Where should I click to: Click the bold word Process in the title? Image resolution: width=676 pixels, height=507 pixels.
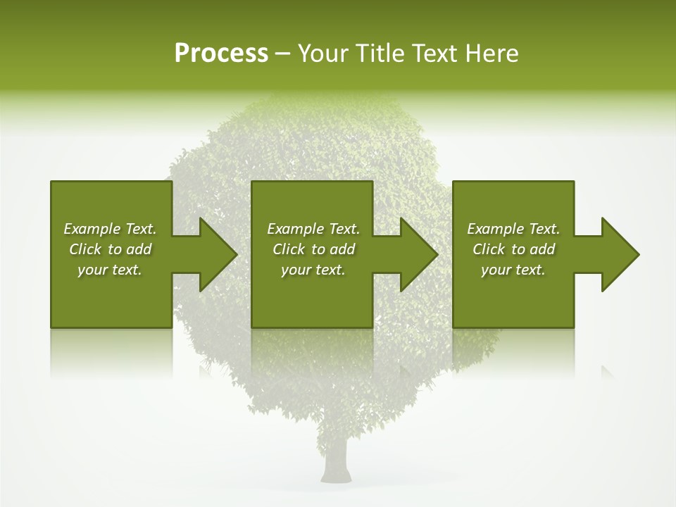221,54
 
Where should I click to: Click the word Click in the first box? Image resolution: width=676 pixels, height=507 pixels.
85,249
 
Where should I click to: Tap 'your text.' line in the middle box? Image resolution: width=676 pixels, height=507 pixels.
313,270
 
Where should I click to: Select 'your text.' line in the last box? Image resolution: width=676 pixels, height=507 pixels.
513,270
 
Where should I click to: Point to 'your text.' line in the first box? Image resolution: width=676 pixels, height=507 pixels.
109,270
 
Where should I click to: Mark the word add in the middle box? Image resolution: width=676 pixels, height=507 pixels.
342,249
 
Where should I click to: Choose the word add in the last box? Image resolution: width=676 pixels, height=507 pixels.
542,249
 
